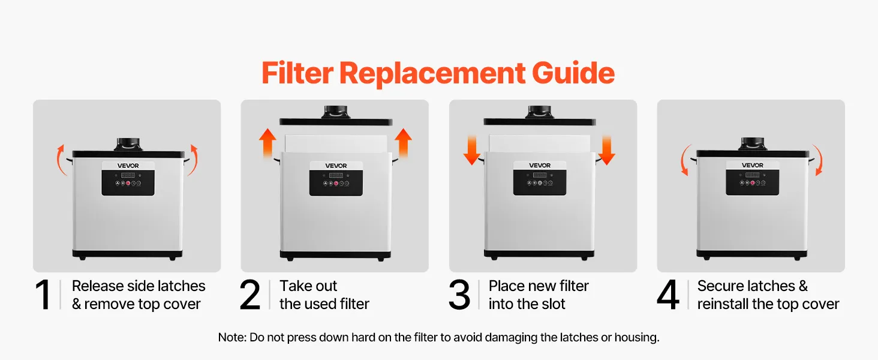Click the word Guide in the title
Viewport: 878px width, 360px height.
(573, 73)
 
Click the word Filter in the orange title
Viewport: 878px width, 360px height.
(297, 73)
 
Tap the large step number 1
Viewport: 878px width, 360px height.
(43, 295)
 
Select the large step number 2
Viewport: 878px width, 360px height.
(249, 295)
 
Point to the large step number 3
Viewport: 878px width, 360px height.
(459, 295)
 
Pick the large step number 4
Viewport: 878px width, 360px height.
(668, 295)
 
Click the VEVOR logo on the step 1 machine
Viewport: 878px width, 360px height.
(128, 166)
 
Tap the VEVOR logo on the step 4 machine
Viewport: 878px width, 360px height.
(753, 165)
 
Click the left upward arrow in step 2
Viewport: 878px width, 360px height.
(267, 143)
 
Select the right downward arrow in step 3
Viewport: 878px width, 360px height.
(606, 150)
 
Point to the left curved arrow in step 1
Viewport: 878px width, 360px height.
(60, 160)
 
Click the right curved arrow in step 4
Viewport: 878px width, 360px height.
(818, 160)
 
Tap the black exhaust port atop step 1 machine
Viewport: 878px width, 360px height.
(128, 144)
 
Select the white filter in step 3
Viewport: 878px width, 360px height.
(539, 144)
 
